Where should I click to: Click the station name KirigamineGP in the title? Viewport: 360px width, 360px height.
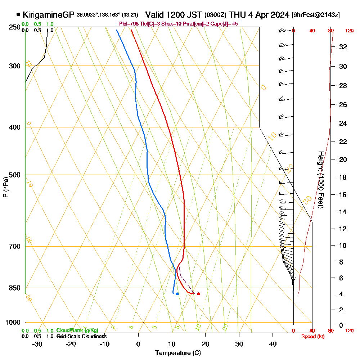[48, 15]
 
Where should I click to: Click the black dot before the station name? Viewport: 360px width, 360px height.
[18, 15]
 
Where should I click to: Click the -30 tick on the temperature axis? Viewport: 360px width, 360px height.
[37, 344]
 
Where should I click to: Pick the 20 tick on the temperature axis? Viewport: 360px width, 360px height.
[206, 344]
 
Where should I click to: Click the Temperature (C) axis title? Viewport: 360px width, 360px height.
[178, 353]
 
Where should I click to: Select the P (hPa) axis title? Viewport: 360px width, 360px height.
[6, 187]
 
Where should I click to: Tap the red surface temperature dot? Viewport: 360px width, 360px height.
[199, 294]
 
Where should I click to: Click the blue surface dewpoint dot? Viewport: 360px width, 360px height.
[177, 294]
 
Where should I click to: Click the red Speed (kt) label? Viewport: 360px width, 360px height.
[311, 337]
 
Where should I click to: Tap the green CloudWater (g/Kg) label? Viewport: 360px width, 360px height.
[77, 330]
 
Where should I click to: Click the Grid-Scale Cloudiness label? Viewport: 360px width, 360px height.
[81, 336]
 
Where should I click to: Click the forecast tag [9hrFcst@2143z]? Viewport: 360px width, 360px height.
[316, 15]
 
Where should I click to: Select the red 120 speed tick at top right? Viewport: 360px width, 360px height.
[349, 31]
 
